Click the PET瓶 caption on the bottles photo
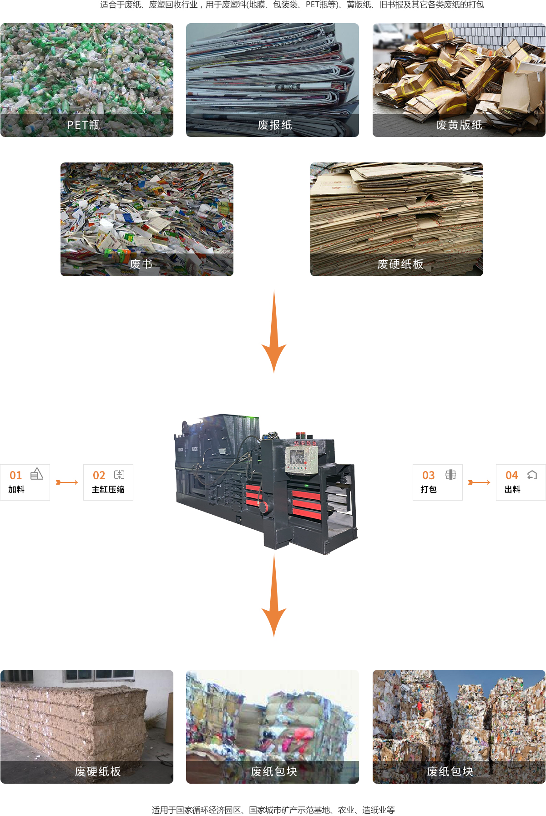tap(83, 125)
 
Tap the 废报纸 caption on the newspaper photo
tap(275, 125)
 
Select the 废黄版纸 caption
tap(459, 125)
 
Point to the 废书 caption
tap(141, 264)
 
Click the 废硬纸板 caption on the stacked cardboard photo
tap(400, 264)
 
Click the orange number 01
tap(16, 476)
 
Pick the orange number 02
tap(99, 476)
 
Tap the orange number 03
tap(429, 476)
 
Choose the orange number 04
tap(512, 476)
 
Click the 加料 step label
tap(16, 490)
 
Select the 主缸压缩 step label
tap(108, 490)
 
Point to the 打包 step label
tap(429, 490)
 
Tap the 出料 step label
tap(512, 490)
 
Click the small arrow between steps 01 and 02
tap(67, 482)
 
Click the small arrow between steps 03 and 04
tap(479, 482)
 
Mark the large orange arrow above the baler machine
tap(274, 332)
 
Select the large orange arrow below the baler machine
tap(274, 596)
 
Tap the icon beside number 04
tap(532, 475)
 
